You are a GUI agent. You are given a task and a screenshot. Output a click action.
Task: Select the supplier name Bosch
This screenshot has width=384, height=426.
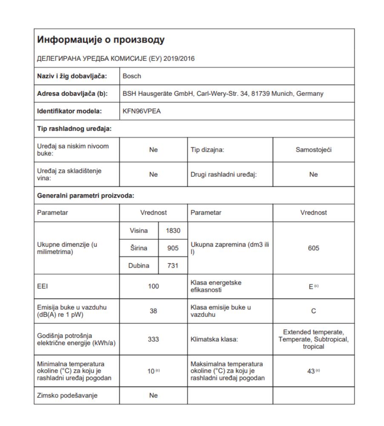pyautogui.click(x=132, y=76)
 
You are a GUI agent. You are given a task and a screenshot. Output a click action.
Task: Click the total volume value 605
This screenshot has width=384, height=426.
pyautogui.click(x=313, y=248)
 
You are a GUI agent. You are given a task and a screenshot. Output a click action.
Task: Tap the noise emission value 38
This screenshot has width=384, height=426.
pyautogui.click(x=153, y=311)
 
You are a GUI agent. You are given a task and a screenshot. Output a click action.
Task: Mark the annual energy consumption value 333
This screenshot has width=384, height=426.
pyautogui.click(x=153, y=340)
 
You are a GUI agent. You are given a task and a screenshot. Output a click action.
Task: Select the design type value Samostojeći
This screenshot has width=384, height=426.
pyautogui.click(x=313, y=150)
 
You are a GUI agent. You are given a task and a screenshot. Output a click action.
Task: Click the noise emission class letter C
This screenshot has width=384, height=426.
pyautogui.click(x=313, y=311)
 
